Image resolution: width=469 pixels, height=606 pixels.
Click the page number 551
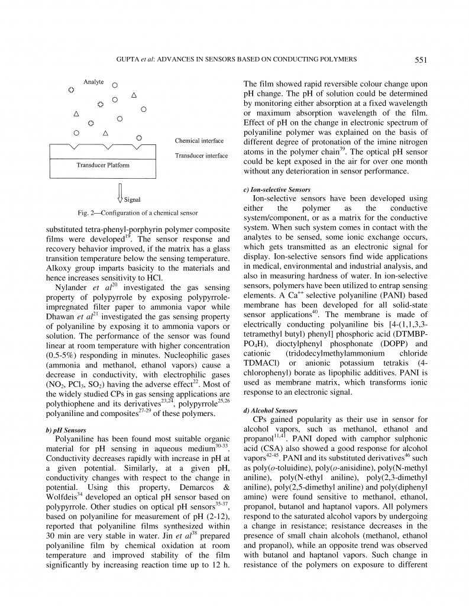coord(422,59)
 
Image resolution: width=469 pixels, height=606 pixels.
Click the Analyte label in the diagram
coord(95,83)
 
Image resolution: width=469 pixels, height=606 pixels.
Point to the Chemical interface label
coord(199,141)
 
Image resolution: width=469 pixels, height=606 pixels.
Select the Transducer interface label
coord(201,156)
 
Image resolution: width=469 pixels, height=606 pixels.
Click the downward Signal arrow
coord(119,192)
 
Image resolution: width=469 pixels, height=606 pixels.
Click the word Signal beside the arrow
coord(132,199)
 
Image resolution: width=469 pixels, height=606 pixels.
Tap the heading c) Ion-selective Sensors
coord(277,189)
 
